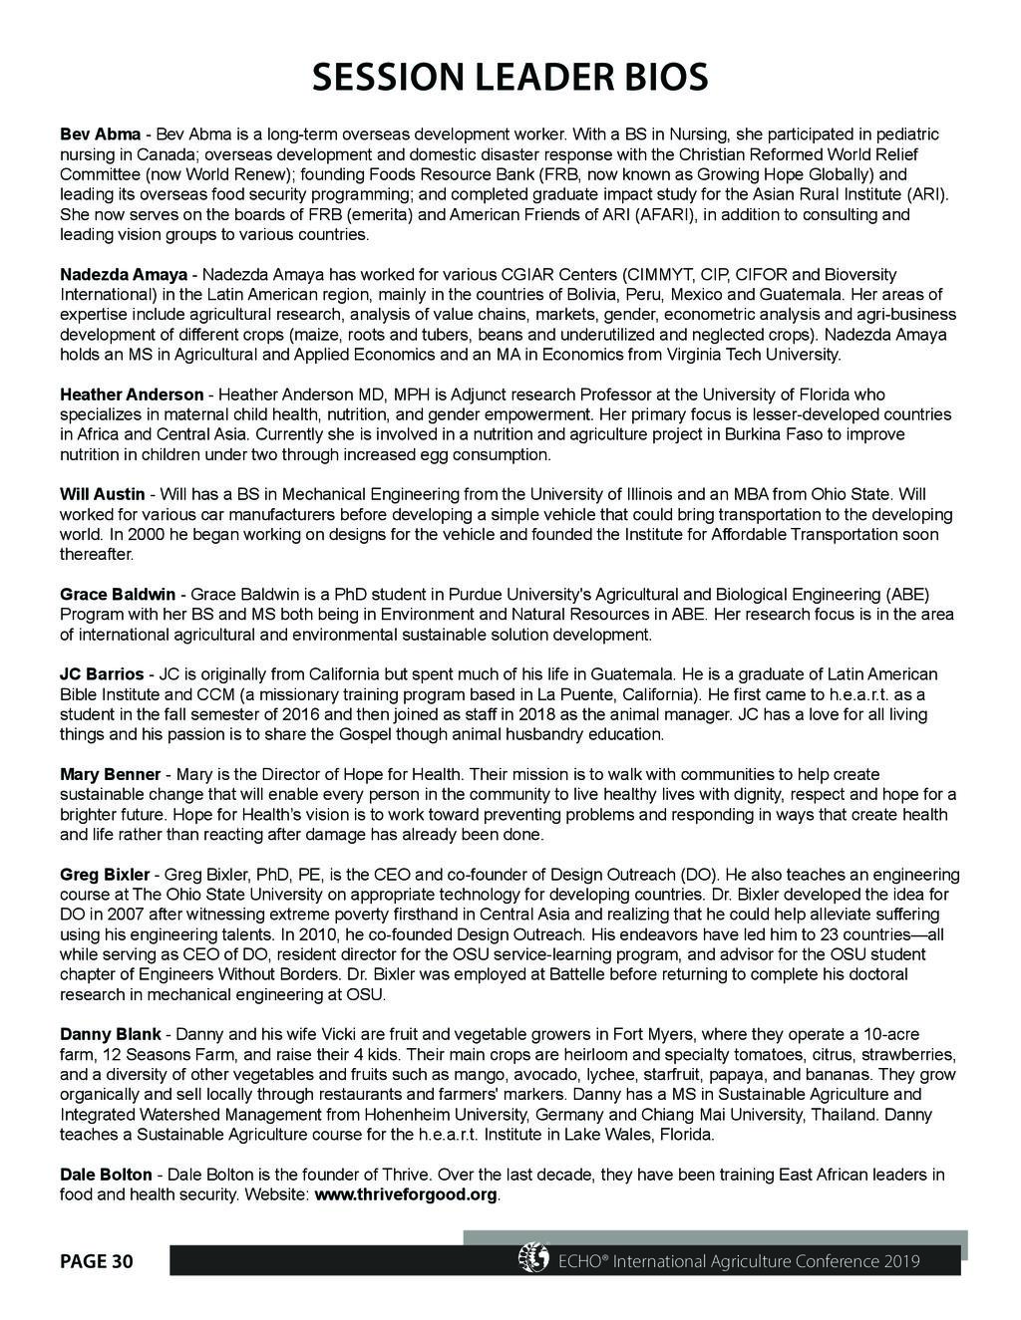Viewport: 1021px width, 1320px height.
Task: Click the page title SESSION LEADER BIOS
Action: coord(510,77)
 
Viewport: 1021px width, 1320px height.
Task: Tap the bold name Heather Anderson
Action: coord(131,395)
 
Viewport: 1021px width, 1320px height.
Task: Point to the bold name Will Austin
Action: coord(104,495)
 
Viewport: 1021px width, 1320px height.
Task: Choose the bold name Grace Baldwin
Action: coord(118,595)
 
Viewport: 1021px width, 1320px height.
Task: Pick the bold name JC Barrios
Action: coord(102,674)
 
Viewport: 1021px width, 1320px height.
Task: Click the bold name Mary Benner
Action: coord(110,774)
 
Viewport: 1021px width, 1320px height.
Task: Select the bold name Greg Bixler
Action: coord(105,875)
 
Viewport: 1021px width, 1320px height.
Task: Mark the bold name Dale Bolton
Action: coord(106,1175)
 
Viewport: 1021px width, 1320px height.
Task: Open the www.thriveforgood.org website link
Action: coord(405,1194)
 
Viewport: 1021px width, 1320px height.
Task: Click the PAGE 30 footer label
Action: coord(96,1261)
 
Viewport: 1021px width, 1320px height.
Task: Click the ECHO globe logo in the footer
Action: coord(533,1258)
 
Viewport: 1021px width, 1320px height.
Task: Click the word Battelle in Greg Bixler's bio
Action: coord(571,974)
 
